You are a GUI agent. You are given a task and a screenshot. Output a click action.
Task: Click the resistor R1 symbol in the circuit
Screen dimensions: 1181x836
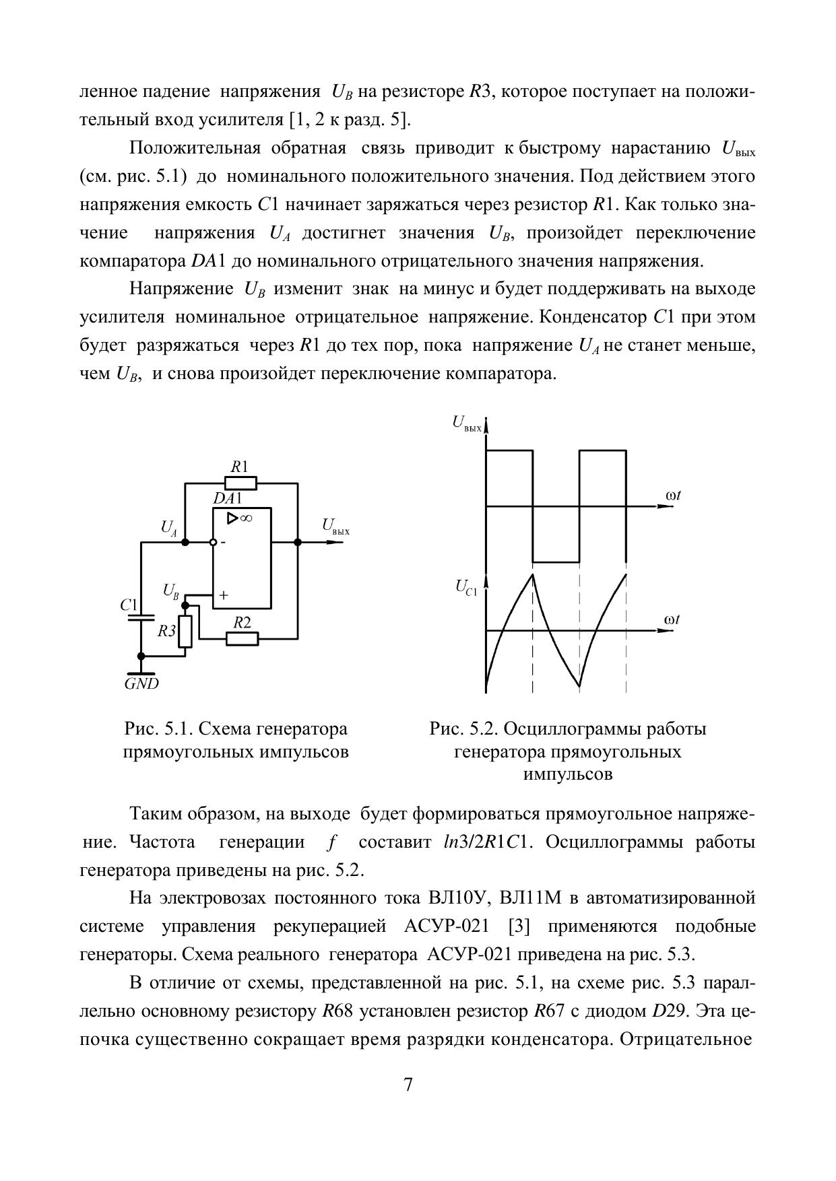[x=240, y=483]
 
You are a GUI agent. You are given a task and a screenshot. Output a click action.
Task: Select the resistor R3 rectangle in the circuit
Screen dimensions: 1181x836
[x=185, y=631]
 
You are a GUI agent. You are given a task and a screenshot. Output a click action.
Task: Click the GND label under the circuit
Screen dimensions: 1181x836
[x=141, y=683]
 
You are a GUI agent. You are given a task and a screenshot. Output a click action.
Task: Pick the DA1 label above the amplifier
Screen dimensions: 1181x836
[x=227, y=499]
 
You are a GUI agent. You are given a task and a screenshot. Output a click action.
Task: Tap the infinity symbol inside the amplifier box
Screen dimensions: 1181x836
[x=245, y=518]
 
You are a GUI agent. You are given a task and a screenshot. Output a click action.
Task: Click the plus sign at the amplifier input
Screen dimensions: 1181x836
[x=224, y=595]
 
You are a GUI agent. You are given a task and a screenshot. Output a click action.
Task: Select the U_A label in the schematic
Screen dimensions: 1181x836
[x=169, y=527]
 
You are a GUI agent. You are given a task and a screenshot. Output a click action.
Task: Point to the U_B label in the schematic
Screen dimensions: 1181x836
[x=171, y=591]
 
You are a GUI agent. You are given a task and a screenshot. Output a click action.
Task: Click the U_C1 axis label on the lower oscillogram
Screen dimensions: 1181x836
[x=466, y=588]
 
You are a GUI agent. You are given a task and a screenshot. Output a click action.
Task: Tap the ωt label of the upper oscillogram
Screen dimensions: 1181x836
[x=673, y=496]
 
